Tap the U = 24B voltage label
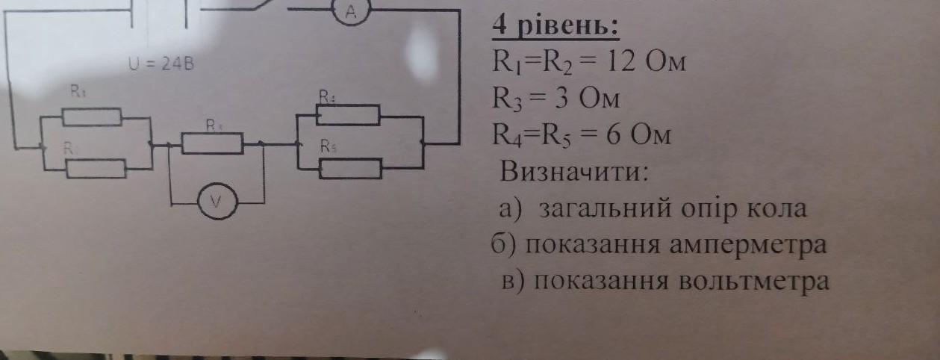pos(161,64)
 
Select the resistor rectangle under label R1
pos(92,117)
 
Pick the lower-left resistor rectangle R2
pos(96,169)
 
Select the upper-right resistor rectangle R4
pos(348,116)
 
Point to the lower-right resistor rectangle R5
pos(351,169)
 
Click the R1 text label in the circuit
pos(77,91)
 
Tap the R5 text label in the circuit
pos(329,146)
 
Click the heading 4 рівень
pos(555,26)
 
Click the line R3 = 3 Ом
pos(555,99)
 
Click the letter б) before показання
pos(499,245)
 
